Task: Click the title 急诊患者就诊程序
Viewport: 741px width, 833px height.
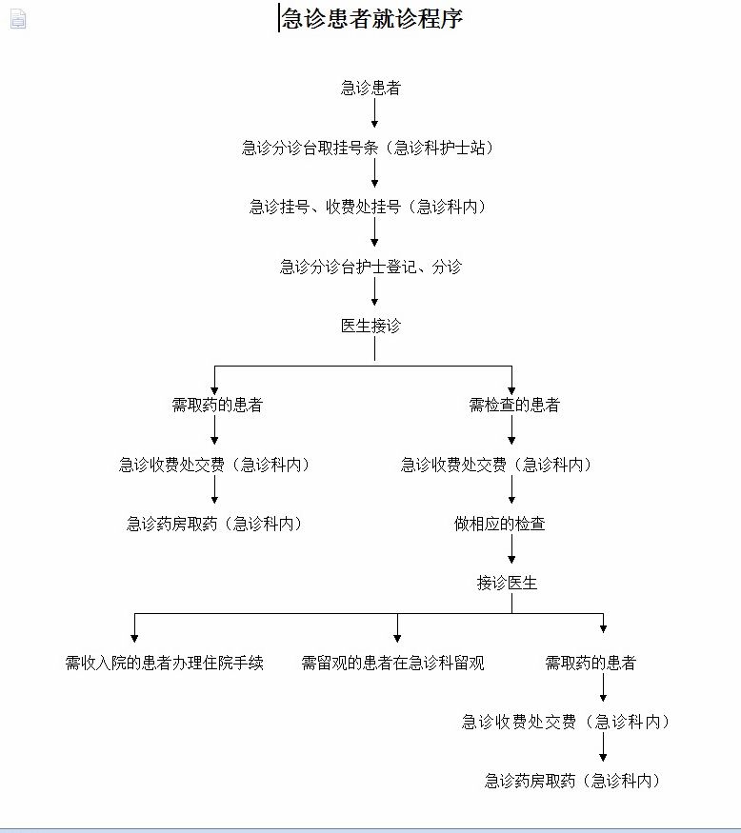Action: coord(372,19)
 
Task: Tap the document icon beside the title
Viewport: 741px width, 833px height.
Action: coord(18,19)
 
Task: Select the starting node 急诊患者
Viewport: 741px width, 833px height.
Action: coord(371,88)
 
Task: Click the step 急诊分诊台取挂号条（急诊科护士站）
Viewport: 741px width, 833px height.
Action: coord(368,148)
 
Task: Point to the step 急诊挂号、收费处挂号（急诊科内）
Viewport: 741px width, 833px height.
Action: coord(368,207)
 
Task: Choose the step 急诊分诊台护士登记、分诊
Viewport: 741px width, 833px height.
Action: coord(371,267)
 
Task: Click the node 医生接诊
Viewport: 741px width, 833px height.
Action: coord(371,326)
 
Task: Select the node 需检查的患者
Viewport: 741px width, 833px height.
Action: coord(514,405)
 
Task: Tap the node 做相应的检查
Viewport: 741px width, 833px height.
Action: coord(500,524)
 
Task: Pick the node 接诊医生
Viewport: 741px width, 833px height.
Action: coord(507,583)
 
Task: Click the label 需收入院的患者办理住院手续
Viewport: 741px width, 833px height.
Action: coord(164,663)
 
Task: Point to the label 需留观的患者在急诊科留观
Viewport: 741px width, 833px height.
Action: coord(392,663)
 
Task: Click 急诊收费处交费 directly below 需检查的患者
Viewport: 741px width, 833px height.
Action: coord(496,465)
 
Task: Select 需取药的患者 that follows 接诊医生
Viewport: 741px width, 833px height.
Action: coord(591,663)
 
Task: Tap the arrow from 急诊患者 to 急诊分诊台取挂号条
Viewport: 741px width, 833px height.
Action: coord(374,113)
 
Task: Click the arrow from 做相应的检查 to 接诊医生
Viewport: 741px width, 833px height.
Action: coord(511,548)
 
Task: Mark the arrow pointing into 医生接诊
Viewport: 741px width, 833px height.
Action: coord(374,291)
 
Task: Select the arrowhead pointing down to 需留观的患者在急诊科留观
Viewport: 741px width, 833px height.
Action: coord(397,638)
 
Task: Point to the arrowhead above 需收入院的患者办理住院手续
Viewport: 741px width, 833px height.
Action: coord(134,638)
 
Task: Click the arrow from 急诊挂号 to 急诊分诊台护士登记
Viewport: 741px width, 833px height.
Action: coord(374,232)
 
